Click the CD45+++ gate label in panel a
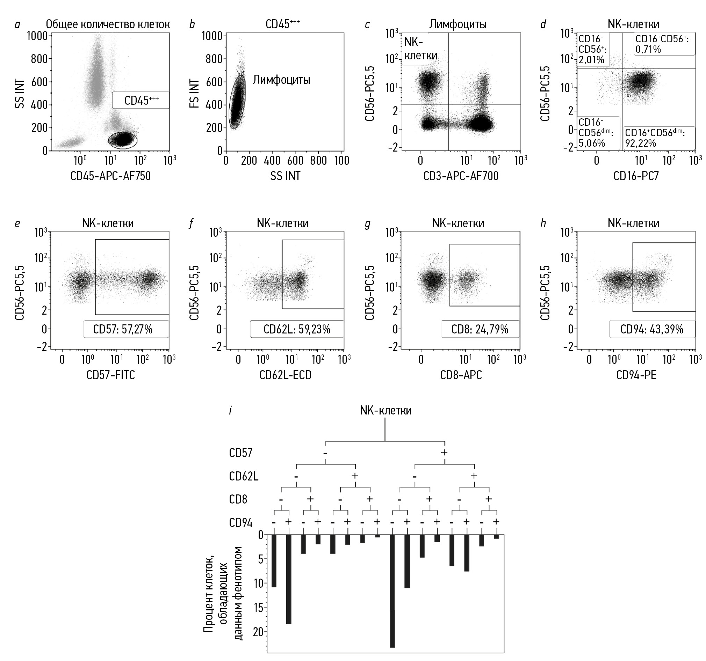[141, 101]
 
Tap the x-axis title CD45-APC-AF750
[110, 176]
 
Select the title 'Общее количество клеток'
[108, 24]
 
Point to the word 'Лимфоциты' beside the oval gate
[281, 80]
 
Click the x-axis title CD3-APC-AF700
[461, 176]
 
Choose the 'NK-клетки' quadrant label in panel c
[420, 49]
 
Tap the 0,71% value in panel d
[648, 49]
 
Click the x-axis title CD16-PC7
[636, 176]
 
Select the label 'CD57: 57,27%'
[123, 329]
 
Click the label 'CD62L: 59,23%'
[297, 329]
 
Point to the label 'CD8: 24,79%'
[480, 329]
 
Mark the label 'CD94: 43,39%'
[652, 329]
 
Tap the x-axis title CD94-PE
[636, 375]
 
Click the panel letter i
[230, 411]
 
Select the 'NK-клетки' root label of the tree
[386, 411]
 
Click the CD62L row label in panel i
[244, 476]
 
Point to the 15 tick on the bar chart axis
[258, 608]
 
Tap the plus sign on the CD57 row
[444, 453]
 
